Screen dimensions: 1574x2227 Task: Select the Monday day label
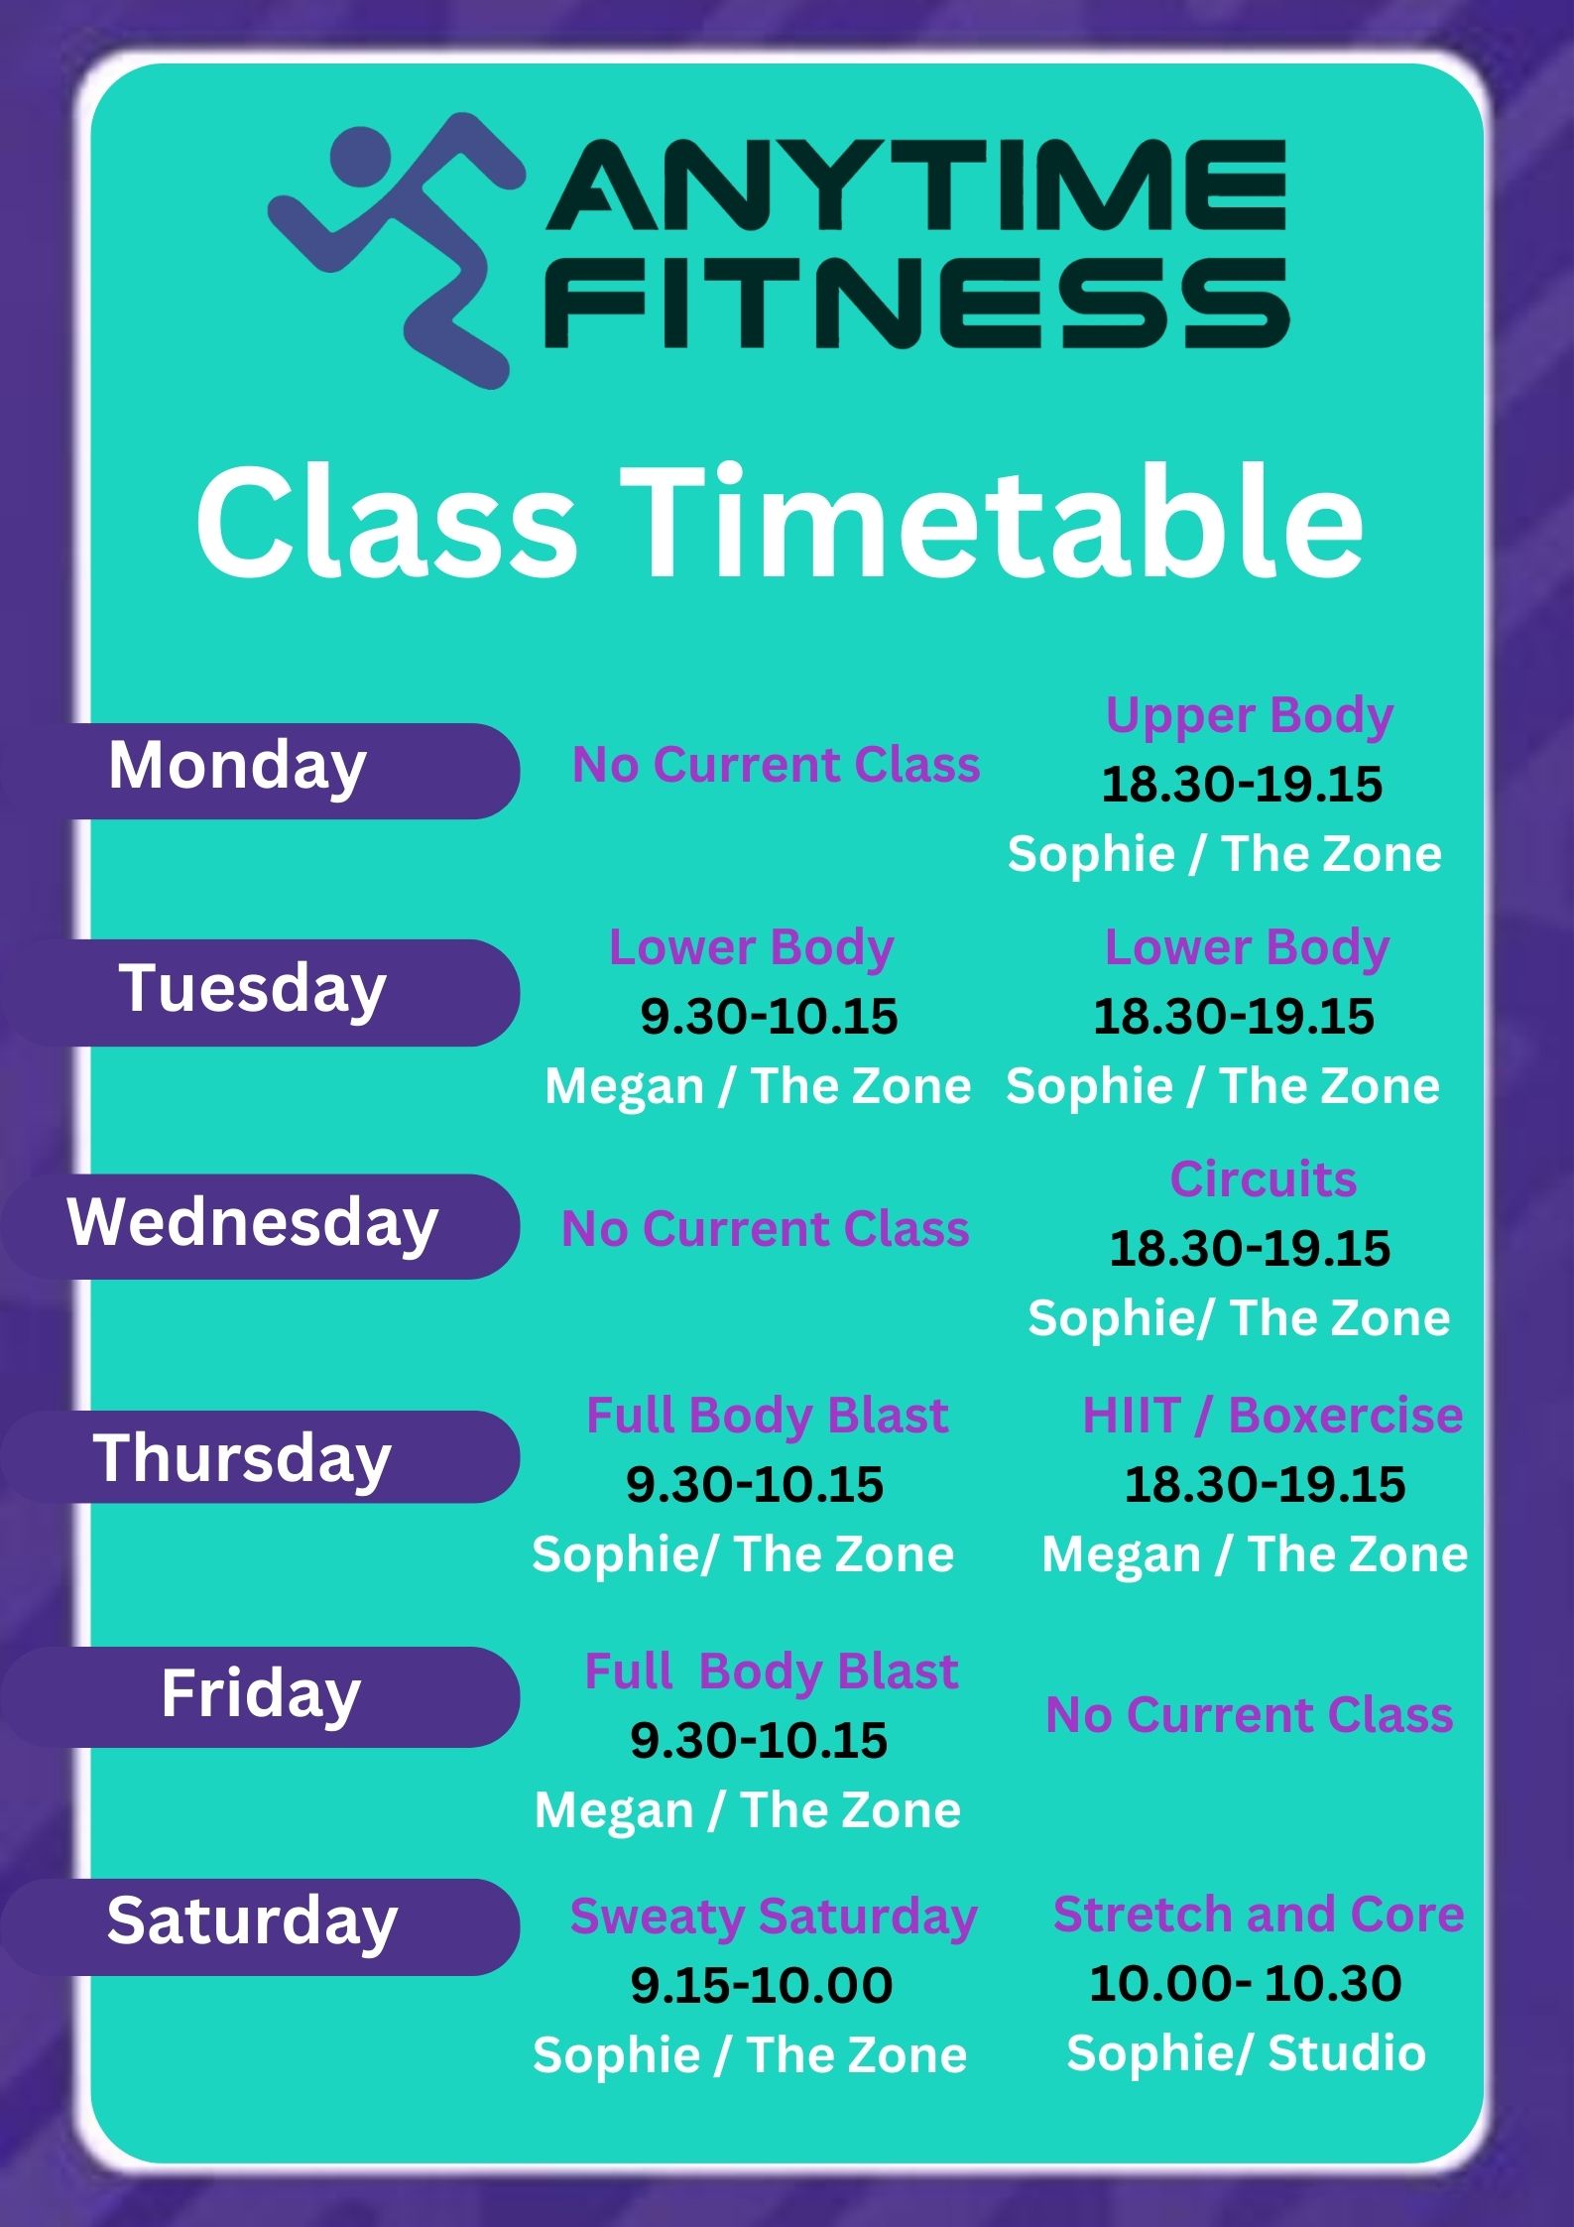pos(237,767)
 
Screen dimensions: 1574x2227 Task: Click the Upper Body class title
pos(1250,716)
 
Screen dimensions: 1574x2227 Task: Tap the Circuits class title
pos(1263,1178)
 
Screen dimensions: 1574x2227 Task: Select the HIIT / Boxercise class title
pos(1272,1415)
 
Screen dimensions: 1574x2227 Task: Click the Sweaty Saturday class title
pos(774,1917)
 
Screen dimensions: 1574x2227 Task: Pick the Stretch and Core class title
pos(1259,1914)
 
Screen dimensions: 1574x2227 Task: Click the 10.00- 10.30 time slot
pos(1245,1984)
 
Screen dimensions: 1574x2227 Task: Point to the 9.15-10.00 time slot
pos(762,1986)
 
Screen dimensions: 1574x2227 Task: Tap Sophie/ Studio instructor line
pos(1246,2052)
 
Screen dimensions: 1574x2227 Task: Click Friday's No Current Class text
pos(1250,1714)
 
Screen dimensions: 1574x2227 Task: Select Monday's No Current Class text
pos(776,765)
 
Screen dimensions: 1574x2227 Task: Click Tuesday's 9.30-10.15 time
pos(769,1017)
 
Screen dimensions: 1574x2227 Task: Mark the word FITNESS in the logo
pos(917,304)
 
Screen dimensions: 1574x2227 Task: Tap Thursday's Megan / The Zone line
pos(1255,1553)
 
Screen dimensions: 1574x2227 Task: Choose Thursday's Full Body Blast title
pos(767,1415)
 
